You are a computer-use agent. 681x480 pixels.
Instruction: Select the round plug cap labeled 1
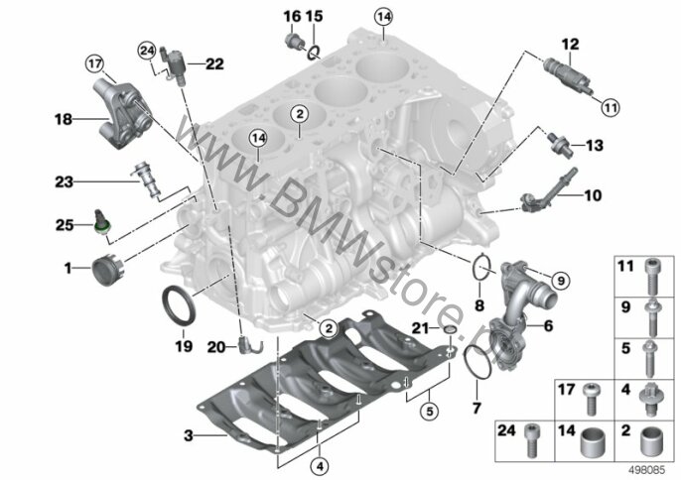108,270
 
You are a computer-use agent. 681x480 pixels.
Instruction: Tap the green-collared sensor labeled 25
103,222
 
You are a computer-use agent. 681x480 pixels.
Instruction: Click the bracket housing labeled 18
121,113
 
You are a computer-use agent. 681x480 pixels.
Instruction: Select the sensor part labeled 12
567,74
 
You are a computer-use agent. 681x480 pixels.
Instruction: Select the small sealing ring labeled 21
450,331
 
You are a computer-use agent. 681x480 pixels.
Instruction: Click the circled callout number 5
430,411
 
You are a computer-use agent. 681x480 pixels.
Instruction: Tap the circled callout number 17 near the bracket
94,64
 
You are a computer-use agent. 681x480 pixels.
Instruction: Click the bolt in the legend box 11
650,276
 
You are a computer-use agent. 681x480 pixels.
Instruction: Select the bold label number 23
64,181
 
